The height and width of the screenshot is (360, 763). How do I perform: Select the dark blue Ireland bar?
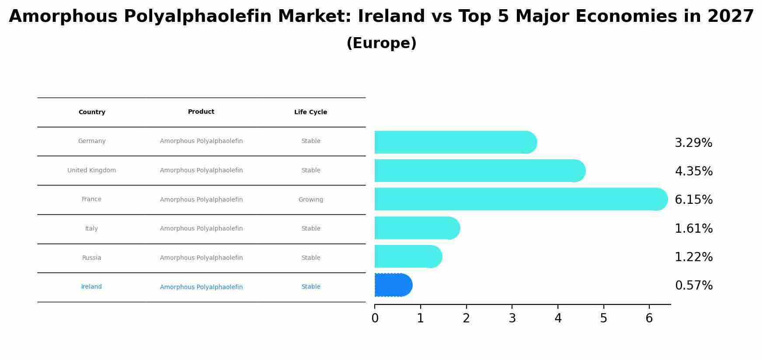(393, 285)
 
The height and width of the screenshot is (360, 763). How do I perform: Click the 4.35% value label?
(693, 171)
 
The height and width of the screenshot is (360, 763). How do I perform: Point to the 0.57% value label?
(693, 286)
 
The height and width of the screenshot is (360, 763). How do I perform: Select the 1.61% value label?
(693, 228)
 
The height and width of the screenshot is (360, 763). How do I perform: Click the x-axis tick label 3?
(512, 318)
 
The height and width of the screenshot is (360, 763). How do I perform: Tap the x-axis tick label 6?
(649, 318)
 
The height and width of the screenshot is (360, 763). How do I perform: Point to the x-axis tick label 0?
(375, 318)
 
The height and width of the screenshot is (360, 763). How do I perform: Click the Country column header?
(92, 112)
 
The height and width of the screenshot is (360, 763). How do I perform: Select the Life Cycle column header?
(310, 112)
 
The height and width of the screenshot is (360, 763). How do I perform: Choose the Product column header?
(201, 112)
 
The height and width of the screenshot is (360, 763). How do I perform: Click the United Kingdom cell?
(92, 170)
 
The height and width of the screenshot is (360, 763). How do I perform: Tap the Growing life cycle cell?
(310, 199)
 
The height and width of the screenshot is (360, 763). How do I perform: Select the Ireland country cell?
(91, 287)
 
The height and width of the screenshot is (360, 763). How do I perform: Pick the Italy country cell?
(91, 228)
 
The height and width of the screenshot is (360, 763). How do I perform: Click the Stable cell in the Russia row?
(310, 258)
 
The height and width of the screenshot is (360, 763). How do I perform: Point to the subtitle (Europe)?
(381, 43)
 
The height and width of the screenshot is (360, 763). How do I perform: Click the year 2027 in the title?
(730, 17)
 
